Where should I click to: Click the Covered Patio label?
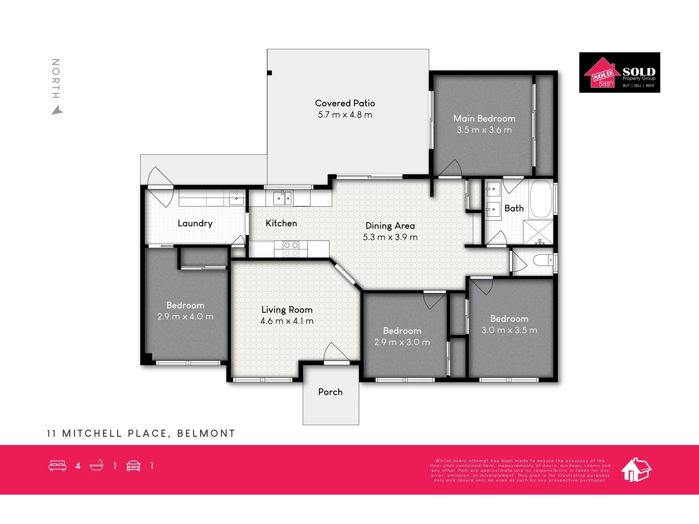pos(345,103)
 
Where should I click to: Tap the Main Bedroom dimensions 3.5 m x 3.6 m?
pos(484,130)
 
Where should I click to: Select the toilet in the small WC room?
pos(543,260)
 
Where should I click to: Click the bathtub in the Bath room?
pos(541,199)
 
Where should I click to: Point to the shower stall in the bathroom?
pos(538,232)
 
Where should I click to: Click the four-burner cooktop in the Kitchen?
pos(291,249)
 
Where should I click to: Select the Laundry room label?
pos(195,224)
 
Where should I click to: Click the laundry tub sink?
pos(236,198)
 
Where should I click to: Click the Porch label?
pos(330,392)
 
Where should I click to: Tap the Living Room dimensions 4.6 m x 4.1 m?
pos(287,321)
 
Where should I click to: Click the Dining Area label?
pos(390,226)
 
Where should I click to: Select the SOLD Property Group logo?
pos(620,73)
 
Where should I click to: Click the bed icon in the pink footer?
pos(58,466)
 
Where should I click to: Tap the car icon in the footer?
pos(134,466)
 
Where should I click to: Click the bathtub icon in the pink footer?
pos(96,466)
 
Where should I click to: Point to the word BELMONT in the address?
pos(206,434)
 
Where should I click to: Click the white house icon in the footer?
pos(636,470)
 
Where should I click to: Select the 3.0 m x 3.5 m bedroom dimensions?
pos(509,330)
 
